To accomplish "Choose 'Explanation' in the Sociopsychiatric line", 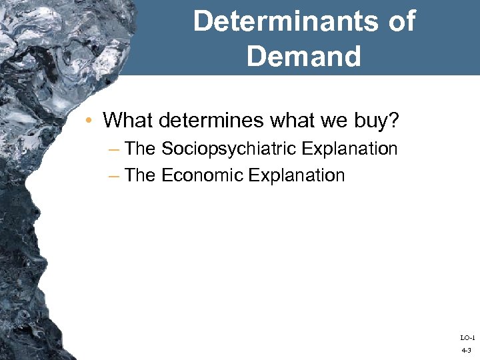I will pyautogui.click(x=349, y=148).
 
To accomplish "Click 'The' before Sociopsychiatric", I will pyautogui.click(x=141, y=148).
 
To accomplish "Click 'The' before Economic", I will pyautogui.click(x=141, y=175).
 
